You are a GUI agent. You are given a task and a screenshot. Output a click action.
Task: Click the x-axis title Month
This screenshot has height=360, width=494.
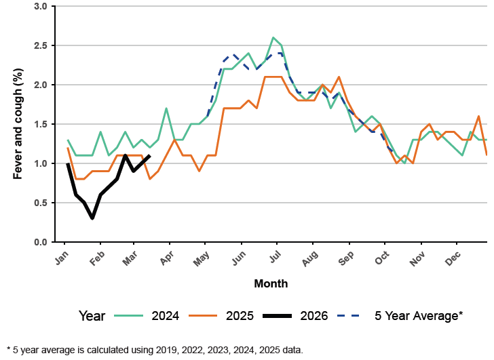point(271,283)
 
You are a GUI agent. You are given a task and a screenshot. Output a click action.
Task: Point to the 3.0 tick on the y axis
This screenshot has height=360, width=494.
point(40,6)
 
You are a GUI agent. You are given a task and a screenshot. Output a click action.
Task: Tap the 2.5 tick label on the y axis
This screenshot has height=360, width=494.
point(40,45)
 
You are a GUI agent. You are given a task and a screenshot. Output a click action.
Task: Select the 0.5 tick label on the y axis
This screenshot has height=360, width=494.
point(40,203)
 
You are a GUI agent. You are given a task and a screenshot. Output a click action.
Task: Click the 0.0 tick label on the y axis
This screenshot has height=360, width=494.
point(40,242)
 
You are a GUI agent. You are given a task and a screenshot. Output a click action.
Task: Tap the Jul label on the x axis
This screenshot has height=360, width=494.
point(273,259)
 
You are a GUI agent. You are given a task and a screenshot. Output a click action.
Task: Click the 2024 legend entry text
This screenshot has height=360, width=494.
point(166,315)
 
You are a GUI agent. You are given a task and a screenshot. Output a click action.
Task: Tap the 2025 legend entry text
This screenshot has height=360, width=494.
point(240,315)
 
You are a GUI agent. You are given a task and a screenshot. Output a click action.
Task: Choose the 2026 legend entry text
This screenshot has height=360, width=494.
point(314,315)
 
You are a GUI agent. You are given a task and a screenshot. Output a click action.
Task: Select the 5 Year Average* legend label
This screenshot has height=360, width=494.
point(419,315)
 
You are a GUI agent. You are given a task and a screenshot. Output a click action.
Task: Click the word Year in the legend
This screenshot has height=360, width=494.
point(92,315)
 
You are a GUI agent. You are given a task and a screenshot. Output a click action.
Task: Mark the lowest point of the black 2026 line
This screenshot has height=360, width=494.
point(92,218)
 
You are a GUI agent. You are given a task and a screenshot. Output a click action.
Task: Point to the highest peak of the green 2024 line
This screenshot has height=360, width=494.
point(273,37)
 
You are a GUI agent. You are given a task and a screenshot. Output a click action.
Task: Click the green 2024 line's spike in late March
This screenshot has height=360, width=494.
point(166,108)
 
